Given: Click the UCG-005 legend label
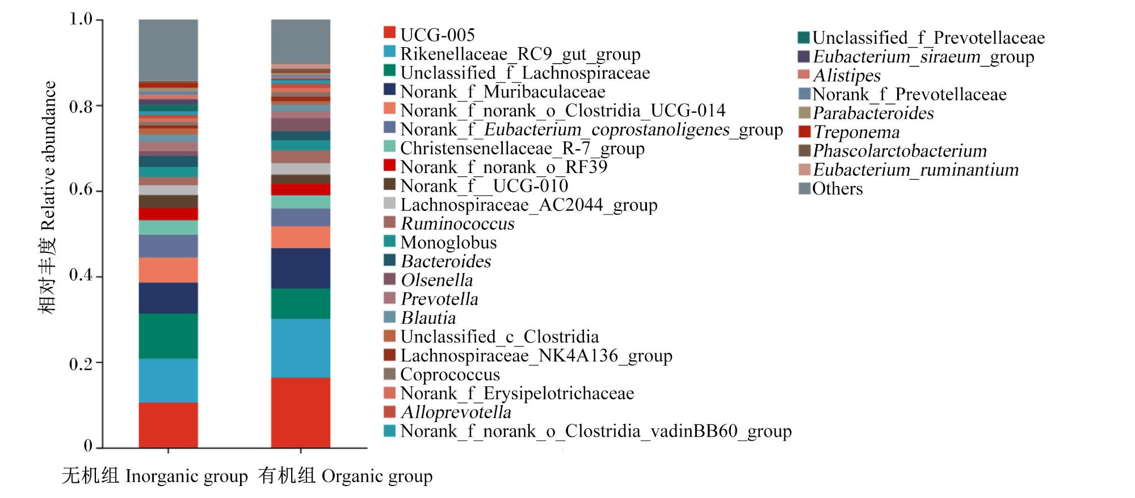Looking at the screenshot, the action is click(437, 35).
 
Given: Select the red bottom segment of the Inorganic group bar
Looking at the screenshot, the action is click(169, 425).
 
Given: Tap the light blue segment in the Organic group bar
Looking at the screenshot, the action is click(301, 348).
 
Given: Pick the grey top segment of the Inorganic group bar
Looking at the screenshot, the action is click(169, 50).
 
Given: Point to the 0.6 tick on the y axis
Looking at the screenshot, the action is click(99, 191).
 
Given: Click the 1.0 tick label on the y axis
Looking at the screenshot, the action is click(81, 19).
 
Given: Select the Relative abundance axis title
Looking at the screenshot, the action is click(49, 155).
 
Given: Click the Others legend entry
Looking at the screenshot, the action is click(831, 188).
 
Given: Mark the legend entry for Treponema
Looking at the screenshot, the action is click(849, 132).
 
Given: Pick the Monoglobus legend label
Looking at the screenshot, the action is click(440, 242).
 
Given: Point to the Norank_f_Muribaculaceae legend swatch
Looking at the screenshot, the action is click(389, 90).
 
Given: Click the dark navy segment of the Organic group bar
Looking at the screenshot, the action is click(301, 268).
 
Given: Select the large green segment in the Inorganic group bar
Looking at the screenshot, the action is click(169, 336).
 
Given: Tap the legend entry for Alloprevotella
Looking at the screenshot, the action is click(448, 412).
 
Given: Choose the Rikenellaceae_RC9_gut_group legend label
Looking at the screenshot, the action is click(520, 54).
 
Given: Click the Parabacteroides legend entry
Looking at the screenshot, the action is click(866, 113).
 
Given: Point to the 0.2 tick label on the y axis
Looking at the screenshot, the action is click(81, 364).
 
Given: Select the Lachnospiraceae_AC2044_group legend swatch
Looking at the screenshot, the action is click(389, 202).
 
